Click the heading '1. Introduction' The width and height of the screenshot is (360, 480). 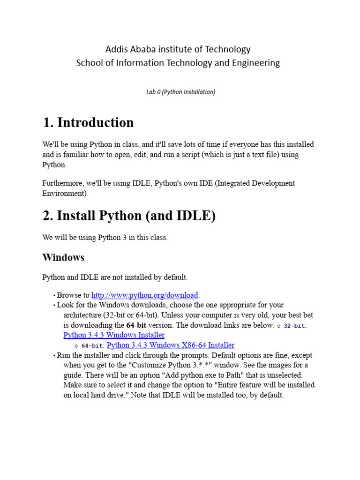[x=88, y=123]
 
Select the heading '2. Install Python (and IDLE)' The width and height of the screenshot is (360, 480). [x=129, y=216]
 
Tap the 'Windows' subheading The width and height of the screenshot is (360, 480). [x=63, y=257]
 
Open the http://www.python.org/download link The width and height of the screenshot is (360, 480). [x=145, y=295]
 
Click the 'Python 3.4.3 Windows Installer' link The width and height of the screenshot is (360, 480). [x=114, y=335]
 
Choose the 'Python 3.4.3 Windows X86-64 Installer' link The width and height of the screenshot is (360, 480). [x=171, y=345]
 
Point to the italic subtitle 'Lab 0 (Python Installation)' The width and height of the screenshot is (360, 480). [x=180, y=92]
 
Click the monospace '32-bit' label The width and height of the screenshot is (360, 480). [x=294, y=326]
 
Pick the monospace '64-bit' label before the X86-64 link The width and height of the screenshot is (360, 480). [x=92, y=346]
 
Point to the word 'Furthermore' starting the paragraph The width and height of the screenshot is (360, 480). [x=64, y=183]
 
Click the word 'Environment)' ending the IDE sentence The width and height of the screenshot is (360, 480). [x=65, y=193]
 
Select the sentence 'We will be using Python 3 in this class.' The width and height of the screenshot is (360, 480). [x=105, y=238]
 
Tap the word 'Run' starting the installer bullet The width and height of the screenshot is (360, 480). [x=63, y=355]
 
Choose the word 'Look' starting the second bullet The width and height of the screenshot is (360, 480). [x=65, y=305]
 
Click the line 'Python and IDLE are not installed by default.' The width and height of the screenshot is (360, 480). [x=115, y=277]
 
